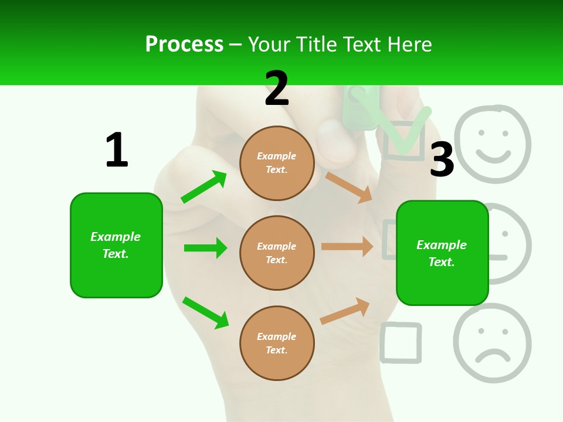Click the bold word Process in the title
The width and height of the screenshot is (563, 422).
tap(184, 45)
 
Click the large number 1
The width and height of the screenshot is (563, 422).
tap(117, 151)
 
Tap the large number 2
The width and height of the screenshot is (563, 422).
tap(277, 89)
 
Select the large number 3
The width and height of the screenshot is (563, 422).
tap(442, 160)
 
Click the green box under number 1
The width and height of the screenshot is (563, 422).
tap(116, 245)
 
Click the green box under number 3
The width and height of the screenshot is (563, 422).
tap(442, 253)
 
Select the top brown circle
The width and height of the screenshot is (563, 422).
tap(277, 163)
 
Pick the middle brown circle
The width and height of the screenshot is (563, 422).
tap(277, 253)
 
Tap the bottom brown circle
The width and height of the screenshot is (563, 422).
tap(277, 343)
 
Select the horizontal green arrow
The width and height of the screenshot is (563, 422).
tap(205, 248)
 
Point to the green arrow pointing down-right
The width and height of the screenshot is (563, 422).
tap(205, 312)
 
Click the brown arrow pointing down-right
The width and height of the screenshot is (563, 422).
tap(349, 187)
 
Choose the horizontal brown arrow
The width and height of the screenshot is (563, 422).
tap(347, 247)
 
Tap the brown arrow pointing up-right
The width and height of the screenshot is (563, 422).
tap(345, 311)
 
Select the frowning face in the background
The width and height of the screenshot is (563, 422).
tap(493, 343)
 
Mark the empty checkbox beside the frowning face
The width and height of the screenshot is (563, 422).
tap(401, 342)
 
